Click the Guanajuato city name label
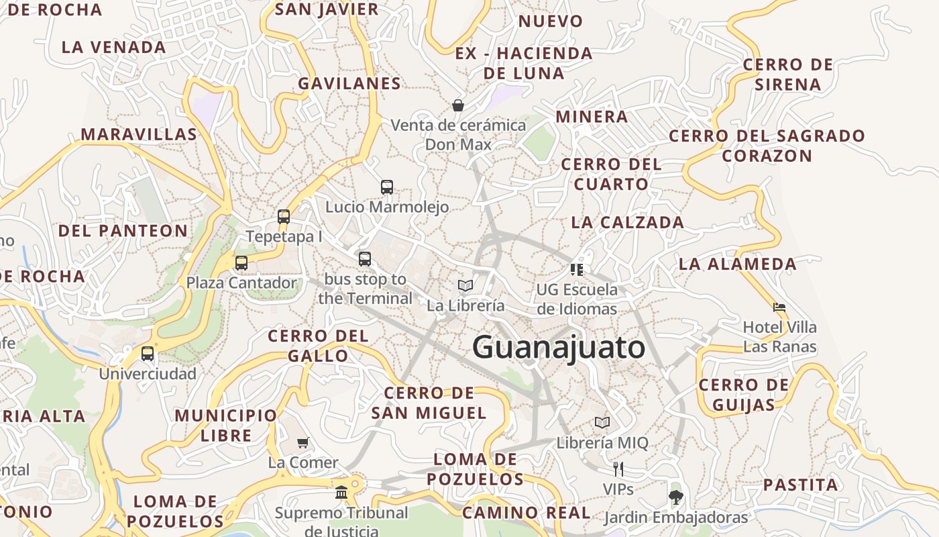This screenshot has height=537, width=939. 559,348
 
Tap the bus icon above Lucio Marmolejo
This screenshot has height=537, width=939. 387,187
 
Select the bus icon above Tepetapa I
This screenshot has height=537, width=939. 284,217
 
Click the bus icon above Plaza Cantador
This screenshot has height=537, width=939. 241,263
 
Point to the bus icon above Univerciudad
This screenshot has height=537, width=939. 148,354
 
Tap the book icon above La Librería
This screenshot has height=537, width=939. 465,286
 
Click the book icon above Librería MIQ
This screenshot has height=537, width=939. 602,423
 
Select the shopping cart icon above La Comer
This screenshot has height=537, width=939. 303,443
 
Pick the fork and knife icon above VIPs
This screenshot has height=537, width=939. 618,469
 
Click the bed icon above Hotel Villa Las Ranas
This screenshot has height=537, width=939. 779,308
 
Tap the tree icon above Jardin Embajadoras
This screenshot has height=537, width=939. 675,497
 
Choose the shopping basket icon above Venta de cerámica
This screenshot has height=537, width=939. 458,105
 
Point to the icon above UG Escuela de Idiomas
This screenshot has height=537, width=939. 577,270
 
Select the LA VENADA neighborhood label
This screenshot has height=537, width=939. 113,48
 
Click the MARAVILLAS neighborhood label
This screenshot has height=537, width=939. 139,134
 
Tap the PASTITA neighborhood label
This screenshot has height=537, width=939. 801,485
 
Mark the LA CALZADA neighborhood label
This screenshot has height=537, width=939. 627,222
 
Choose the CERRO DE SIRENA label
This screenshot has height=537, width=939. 788,75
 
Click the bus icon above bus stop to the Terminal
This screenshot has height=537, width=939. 365,259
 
